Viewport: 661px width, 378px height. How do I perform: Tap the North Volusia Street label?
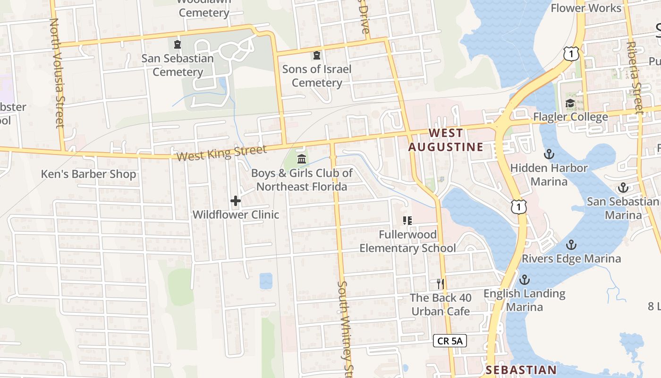[57, 73]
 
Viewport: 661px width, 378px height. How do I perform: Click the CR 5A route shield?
[450, 340]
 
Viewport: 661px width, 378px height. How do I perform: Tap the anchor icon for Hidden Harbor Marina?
[549, 154]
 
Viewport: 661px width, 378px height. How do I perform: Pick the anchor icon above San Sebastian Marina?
[623, 188]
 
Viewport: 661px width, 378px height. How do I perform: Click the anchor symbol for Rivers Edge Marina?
[571, 245]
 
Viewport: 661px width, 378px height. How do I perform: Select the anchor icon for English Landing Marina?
[524, 279]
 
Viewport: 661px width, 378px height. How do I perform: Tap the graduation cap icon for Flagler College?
[570, 103]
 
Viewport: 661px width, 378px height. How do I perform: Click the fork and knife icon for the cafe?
[440, 283]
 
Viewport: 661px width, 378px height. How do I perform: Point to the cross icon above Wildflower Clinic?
[236, 201]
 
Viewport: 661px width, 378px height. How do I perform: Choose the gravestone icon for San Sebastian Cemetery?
[178, 45]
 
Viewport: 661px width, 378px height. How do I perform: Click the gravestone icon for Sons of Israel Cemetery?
[316, 56]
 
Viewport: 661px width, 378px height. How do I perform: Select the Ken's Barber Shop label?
[88, 174]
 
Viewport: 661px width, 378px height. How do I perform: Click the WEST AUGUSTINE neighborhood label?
[446, 140]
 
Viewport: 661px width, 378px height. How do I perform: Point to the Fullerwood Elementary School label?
[407, 241]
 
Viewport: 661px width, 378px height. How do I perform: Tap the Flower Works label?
[585, 8]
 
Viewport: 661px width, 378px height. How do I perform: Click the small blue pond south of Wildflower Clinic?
[266, 281]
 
